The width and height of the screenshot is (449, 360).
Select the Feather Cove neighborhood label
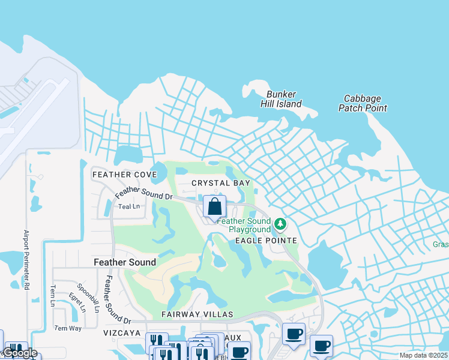pos(124,175)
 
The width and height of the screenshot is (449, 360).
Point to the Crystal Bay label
pos(220,182)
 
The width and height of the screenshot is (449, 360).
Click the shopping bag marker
pos(215,207)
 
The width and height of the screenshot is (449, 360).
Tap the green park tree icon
pos(280,224)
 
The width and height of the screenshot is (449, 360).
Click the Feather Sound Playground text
pos(244,225)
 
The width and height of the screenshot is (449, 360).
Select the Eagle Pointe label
pos(266,241)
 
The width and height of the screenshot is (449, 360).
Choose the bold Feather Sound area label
pos(125,262)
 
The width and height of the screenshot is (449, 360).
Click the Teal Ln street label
pos(129,206)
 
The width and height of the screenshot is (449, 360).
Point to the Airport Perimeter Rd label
pos(26,259)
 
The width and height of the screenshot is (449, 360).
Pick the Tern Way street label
pos(68,328)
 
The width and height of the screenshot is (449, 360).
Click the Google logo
pos(19,353)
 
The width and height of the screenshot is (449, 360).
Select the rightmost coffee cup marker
pos(321,346)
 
